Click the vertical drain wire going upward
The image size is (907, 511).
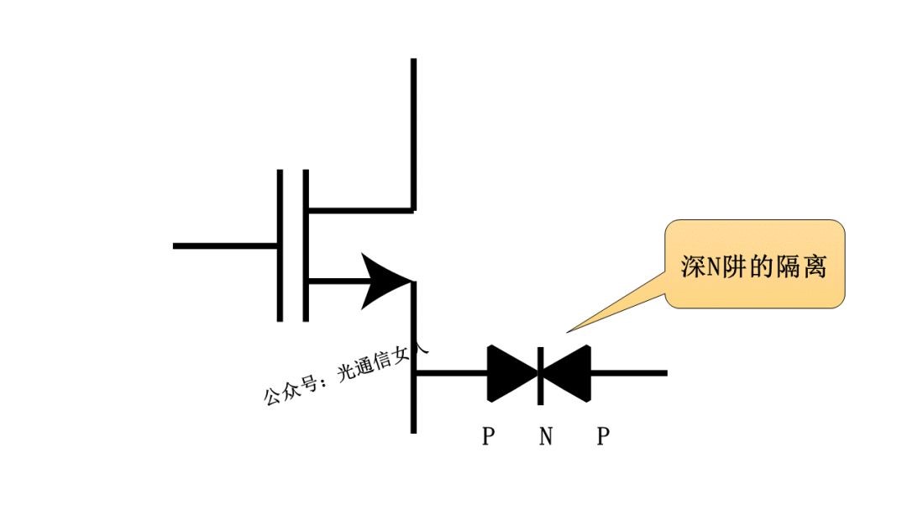click(413, 126)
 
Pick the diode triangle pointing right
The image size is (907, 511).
click(511, 372)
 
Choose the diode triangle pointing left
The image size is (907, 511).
click(568, 372)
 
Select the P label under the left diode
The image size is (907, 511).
click(488, 437)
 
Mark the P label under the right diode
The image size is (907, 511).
click(602, 437)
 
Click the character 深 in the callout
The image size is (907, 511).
click(691, 266)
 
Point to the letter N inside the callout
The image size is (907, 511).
click(710, 267)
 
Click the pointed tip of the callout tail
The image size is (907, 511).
click(569, 331)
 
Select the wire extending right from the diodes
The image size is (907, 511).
click(629, 372)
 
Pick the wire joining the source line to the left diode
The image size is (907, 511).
click(451, 372)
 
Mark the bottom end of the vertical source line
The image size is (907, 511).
click(413, 430)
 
